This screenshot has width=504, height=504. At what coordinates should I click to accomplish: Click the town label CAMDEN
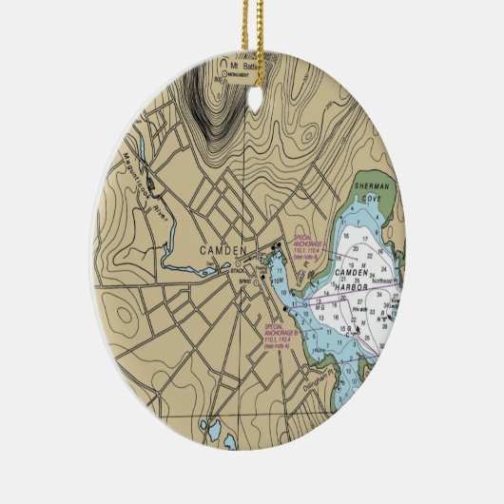coord(223,251)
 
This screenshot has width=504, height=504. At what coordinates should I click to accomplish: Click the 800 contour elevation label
coord(219,79)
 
